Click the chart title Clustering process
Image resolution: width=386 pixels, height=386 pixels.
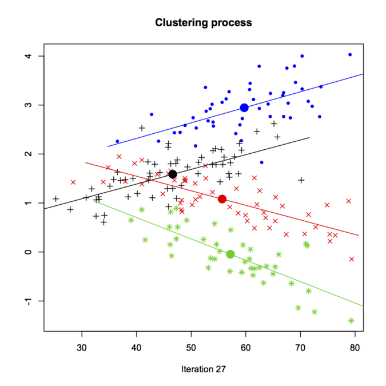(x=203, y=23)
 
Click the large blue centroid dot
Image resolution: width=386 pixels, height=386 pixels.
(x=245, y=108)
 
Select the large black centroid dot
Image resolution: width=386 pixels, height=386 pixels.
(x=173, y=174)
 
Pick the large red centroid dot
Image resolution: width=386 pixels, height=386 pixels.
(x=222, y=199)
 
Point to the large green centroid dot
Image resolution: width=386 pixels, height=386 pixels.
(x=230, y=254)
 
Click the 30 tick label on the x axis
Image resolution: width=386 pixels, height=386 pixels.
(x=82, y=347)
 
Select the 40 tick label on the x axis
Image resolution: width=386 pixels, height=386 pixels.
(x=137, y=347)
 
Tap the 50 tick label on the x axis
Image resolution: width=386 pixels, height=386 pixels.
(x=191, y=347)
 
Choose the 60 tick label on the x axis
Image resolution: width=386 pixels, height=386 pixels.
(x=246, y=347)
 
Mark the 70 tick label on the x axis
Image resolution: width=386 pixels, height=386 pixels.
(x=300, y=347)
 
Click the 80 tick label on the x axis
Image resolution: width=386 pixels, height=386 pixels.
(x=355, y=347)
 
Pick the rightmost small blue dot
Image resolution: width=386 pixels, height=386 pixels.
(x=350, y=55)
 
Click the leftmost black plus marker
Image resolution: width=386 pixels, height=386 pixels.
(x=55, y=199)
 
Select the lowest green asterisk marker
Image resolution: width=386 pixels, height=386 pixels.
(x=351, y=321)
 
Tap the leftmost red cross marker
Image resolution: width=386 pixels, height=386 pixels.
(x=73, y=182)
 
